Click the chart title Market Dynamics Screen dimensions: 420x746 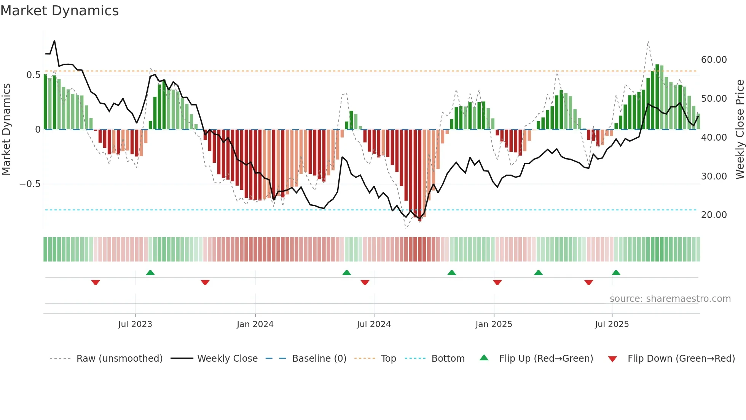pos(59,11)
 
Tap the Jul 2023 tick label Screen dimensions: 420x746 pos(135,324)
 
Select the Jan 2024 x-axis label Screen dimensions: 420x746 pos(255,324)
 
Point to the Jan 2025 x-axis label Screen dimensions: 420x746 pos(494,324)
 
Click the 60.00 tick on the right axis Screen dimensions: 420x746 pos(714,60)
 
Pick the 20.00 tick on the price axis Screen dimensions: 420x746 pos(714,215)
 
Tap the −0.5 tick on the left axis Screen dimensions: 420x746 pos(30,184)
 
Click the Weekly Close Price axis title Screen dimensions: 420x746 pos(740,129)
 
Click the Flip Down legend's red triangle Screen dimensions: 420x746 pos(612,359)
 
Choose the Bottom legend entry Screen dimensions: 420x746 pos(448,359)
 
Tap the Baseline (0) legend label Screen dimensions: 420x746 pos(319,359)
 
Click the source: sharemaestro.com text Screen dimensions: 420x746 pos(670,299)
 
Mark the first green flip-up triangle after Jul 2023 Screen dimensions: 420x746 pos(150,273)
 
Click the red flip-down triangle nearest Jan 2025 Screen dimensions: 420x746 pos(497,282)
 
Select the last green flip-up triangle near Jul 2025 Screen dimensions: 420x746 pos(616,273)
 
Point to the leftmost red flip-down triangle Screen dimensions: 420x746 pos(96,282)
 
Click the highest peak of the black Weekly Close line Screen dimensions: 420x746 pos(54,41)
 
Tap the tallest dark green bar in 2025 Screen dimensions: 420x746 pos(657,97)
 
